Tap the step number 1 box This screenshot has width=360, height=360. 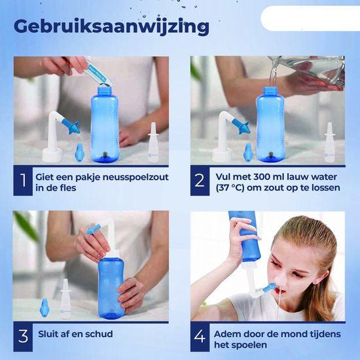point(23,181)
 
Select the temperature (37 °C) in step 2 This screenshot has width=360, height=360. point(234,187)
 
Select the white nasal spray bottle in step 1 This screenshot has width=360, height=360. point(154,144)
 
